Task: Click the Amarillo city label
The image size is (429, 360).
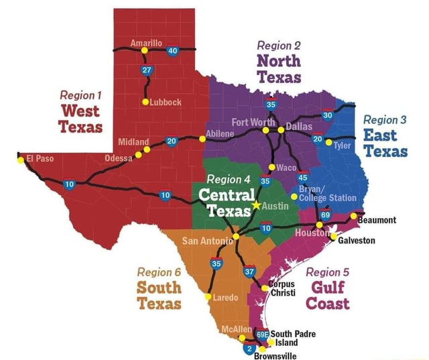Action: click(145, 42)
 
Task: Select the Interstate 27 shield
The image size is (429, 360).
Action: click(147, 72)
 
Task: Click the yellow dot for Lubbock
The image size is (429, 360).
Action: click(145, 102)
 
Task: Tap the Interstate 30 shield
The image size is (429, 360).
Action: click(327, 115)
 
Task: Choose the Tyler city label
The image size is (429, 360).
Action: click(343, 145)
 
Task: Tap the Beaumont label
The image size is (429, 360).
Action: click(377, 219)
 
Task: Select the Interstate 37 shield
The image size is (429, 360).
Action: click(250, 272)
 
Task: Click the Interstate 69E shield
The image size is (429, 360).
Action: click(262, 333)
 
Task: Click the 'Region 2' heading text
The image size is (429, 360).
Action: click(278, 45)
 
